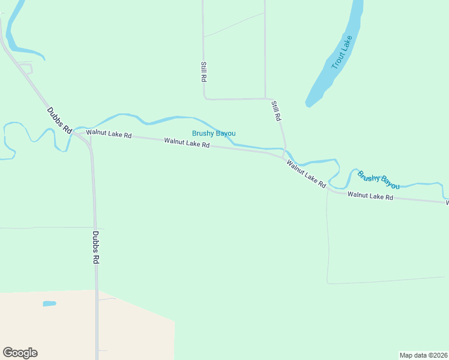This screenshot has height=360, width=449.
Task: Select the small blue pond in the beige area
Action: point(49,304)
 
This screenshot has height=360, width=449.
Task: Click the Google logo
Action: point(20,353)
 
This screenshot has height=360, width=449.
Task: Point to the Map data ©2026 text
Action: point(424,355)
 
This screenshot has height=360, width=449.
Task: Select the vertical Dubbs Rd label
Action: point(96,248)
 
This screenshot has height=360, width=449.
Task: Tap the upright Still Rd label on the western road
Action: point(204,71)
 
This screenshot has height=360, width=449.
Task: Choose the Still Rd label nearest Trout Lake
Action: point(276,112)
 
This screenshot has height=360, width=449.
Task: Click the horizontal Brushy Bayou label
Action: point(214,133)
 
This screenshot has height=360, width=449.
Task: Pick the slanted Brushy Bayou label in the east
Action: point(378,180)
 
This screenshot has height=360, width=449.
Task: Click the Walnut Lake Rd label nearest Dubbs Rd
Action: point(109,134)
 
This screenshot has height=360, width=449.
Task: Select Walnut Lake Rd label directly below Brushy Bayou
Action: point(187,143)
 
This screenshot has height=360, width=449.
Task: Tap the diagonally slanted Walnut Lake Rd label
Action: point(306,173)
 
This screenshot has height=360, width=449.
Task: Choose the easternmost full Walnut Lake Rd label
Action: point(370,196)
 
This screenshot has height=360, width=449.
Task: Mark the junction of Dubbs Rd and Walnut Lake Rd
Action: point(77,133)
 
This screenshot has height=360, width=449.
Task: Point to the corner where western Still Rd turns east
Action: point(205,98)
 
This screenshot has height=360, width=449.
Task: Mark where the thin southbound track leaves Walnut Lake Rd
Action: point(327,190)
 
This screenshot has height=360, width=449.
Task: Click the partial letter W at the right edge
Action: point(447,203)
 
